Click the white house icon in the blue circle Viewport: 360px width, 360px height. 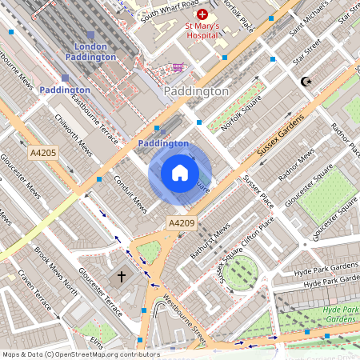[180, 173]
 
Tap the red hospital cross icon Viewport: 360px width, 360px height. [202, 14]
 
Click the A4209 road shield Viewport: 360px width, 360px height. [180, 222]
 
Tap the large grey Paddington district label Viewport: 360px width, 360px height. [196, 92]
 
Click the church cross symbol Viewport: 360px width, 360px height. [122, 277]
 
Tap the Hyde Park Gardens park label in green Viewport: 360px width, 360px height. [342, 314]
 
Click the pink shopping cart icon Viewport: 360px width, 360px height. [176, 67]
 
